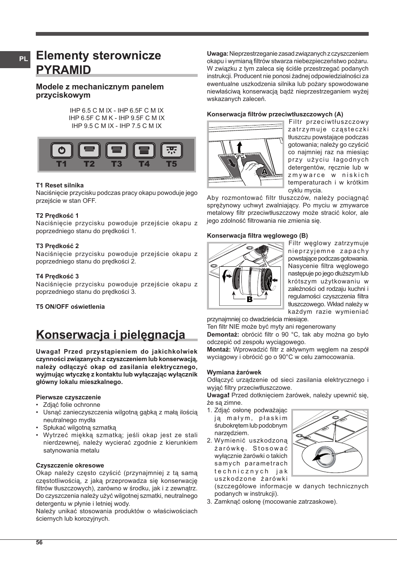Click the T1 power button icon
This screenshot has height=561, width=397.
click(62, 150)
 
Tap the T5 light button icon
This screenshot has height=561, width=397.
click(171, 150)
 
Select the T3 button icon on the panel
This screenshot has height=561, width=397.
click(117, 150)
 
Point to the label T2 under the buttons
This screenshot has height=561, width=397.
click(89, 164)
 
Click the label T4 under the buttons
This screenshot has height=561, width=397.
click(144, 164)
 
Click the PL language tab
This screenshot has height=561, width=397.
click(23, 59)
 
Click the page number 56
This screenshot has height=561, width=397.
click(39, 542)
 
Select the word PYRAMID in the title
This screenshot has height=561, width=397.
click(63, 69)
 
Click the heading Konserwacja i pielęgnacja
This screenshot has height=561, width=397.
click(110, 335)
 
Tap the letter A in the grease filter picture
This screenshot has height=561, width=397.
click(264, 171)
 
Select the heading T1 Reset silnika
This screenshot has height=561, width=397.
click(60, 185)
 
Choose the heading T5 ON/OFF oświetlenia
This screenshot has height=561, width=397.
click(70, 307)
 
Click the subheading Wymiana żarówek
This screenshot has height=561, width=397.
click(234, 372)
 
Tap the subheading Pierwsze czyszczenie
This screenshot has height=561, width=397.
click(68, 397)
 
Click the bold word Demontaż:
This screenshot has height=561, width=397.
click(223, 335)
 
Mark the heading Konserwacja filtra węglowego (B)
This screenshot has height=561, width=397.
click(257, 236)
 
